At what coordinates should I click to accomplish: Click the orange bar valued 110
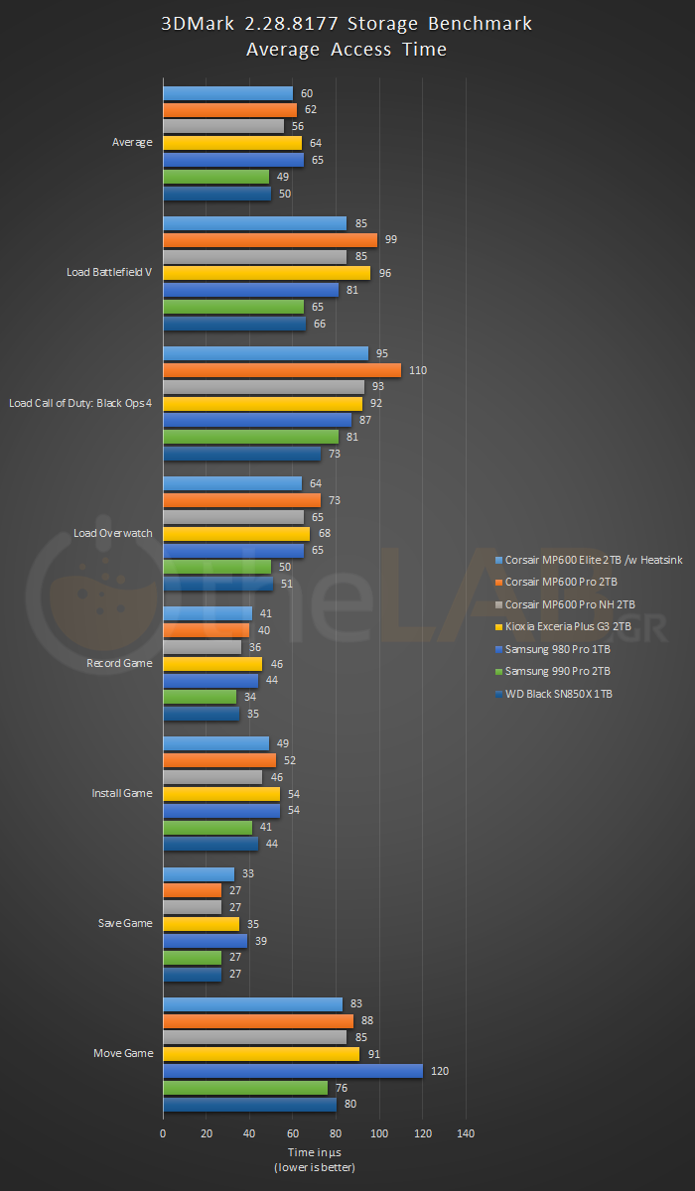click(282, 370)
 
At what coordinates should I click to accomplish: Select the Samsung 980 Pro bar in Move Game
click(293, 1071)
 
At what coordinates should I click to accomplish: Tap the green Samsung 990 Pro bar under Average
click(215, 177)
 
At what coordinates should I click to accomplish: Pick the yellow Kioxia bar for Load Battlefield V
click(266, 273)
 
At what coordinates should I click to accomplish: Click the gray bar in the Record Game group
click(202, 647)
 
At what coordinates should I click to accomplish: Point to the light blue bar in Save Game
click(199, 874)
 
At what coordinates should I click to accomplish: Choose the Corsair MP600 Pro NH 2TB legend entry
click(570, 604)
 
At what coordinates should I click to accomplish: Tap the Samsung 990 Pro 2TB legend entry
click(559, 671)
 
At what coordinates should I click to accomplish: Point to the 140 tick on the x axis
click(466, 1133)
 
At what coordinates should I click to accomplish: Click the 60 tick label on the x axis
click(293, 1133)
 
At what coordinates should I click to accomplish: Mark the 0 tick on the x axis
click(163, 1133)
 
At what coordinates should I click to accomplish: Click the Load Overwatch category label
click(113, 533)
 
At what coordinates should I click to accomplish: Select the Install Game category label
click(122, 794)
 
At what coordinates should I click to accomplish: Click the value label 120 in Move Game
click(440, 1071)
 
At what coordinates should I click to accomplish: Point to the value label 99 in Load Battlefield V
click(391, 240)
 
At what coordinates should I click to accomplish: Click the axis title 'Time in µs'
click(314, 1152)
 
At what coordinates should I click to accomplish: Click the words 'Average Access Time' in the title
click(347, 50)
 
